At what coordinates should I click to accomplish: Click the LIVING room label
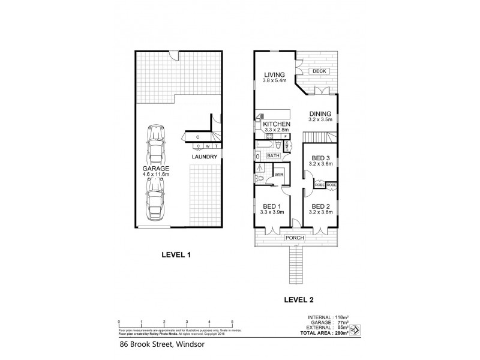click(x=274, y=75)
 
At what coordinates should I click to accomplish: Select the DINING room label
click(x=320, y=114)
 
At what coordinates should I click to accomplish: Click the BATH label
click(x=274, y=156)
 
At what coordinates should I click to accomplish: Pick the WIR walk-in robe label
click(x=278, y=175)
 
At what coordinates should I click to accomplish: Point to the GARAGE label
click(x=155, y=169)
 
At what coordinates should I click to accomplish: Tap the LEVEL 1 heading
click(x=176, y=254)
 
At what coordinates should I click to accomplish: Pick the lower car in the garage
click(x=155, y=199)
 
